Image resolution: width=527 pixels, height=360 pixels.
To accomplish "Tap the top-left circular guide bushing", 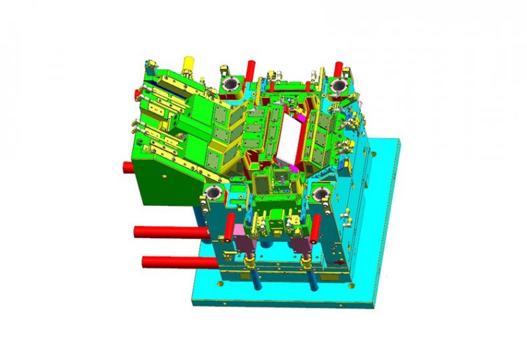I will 231,85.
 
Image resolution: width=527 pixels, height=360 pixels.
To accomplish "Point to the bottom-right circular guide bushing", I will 322,193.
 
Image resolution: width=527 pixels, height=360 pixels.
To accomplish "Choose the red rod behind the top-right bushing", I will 339,67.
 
